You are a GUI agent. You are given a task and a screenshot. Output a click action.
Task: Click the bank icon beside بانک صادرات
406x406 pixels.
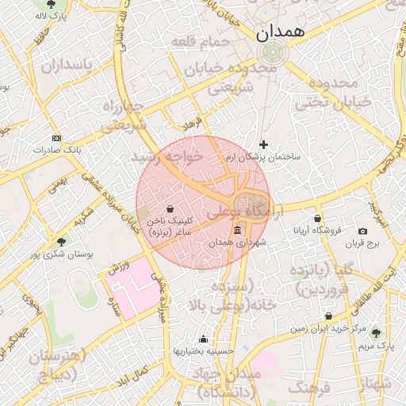point(56,137)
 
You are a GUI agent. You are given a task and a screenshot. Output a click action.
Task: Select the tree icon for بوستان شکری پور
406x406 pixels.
point(61,242)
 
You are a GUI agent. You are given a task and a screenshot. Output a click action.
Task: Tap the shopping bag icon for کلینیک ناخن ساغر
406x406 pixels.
point(171,209)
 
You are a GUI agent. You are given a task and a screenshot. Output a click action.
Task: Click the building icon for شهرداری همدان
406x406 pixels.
point(238,231)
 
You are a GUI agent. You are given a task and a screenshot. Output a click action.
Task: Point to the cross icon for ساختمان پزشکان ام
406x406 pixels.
point(264,145)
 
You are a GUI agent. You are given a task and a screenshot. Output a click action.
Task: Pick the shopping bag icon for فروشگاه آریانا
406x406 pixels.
point(318,219)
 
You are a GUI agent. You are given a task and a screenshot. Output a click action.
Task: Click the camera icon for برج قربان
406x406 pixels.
point(362,231)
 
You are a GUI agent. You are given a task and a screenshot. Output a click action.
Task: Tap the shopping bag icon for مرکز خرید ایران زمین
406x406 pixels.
point(327,316)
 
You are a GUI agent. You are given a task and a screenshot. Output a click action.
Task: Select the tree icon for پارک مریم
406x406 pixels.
point(375,334)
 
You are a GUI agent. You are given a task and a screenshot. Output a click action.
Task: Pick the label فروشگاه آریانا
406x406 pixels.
point(317,231)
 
